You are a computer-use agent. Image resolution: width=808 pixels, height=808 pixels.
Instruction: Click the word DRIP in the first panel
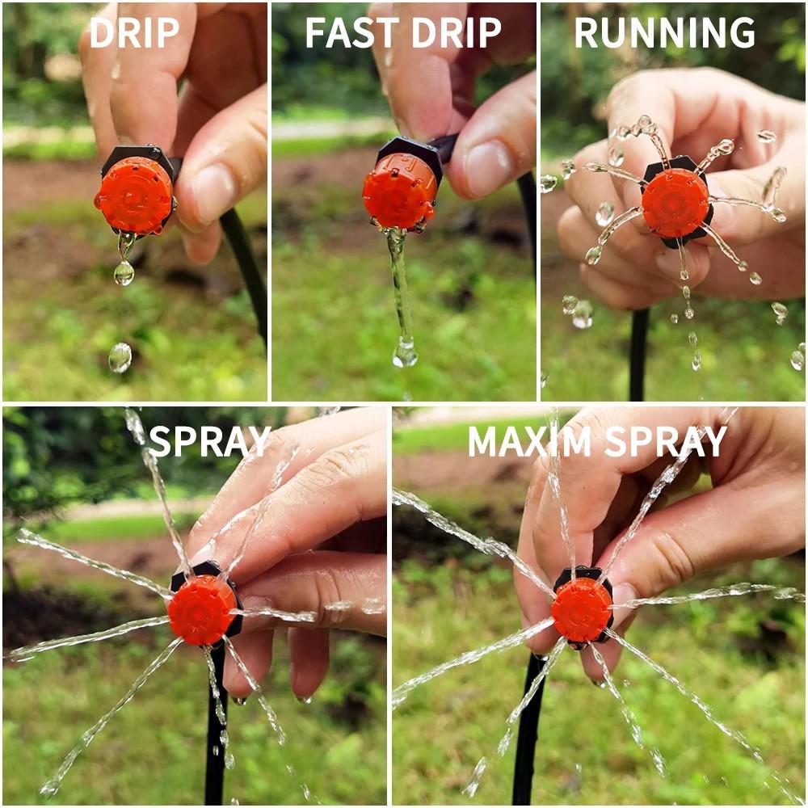coord(134,32)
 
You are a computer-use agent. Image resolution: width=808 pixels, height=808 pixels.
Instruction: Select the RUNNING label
coord(664,32)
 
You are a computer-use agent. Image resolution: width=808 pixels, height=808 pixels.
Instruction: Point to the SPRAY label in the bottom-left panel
coord(209,441)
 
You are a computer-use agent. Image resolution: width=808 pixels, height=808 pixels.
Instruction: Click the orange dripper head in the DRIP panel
coord(134,196)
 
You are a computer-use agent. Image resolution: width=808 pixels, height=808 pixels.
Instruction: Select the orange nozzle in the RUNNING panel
coord(675,203)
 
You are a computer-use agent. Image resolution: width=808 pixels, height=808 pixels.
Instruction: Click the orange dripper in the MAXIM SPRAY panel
coord(581,609)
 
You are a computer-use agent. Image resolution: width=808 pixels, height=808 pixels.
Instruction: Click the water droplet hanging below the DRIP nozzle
coord(124,272)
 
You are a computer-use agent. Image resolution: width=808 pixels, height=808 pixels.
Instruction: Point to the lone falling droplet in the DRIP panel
coord(120,357)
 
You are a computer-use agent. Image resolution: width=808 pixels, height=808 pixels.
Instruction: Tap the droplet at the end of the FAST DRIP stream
coord(405,353)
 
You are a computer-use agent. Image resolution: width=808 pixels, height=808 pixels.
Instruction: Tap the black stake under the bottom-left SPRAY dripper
coord(214,727)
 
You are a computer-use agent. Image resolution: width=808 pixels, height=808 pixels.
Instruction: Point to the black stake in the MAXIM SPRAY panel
coord(529,727)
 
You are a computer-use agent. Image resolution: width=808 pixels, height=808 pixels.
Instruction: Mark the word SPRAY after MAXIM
coord(666,441)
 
